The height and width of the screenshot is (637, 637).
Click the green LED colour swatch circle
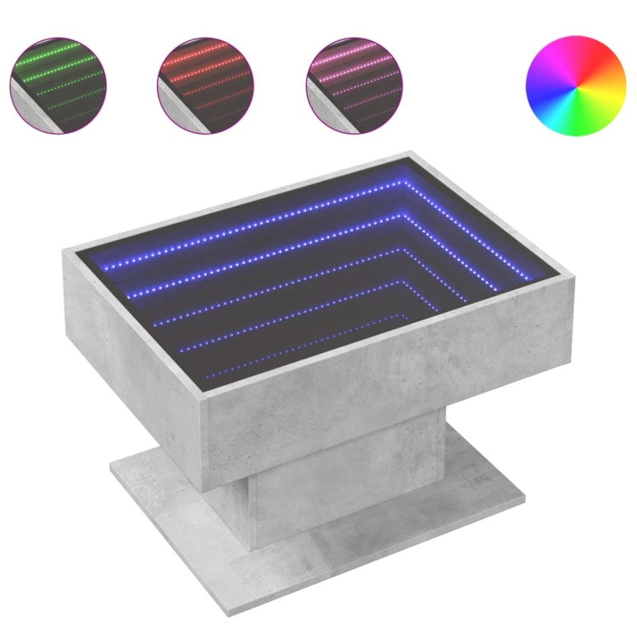pos(59,85)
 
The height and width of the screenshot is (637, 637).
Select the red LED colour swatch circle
pos(206,85)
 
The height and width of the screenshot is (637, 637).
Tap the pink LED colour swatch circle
pos(354,85)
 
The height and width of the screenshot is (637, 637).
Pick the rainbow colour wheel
pos(575,86)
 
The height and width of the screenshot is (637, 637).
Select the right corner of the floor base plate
pos(524,498)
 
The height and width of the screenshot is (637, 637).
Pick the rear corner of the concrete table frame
pos(410,153)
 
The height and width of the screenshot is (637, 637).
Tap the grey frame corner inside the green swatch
pos(34,114)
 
